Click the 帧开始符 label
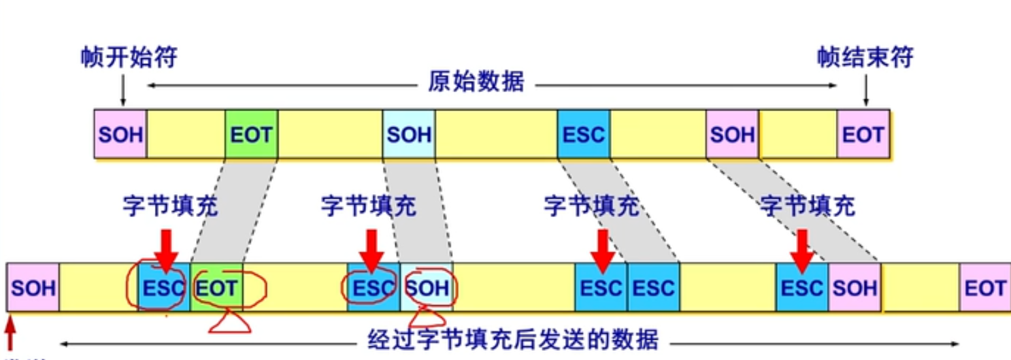pyautogui.click(x=129, y=58)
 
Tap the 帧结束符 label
pyautogui.click(x=865, y=58)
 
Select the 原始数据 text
pyautogui.click(x=476, y=83)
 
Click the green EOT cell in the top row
pyautogui.click(x=251, y=135)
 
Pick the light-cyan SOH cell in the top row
pyautogui.click(x=409, y=135)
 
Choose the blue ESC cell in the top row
pyautogui.click(x=584, y=135)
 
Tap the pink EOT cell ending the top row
pyautogui.click(x=863, y=135)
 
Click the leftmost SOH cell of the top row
pyautogui.click(x=120, y=135)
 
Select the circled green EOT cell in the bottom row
pyautogui.click(x=217, y=287)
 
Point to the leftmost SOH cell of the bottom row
pyautogui.click(x=33, y=287)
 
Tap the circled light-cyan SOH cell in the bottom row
pyautogui.click(x=426, y=287)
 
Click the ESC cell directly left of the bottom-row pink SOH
pyautogui.click(x=803, y=287)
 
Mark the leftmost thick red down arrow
pyautogui.click(x=166, y=250)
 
